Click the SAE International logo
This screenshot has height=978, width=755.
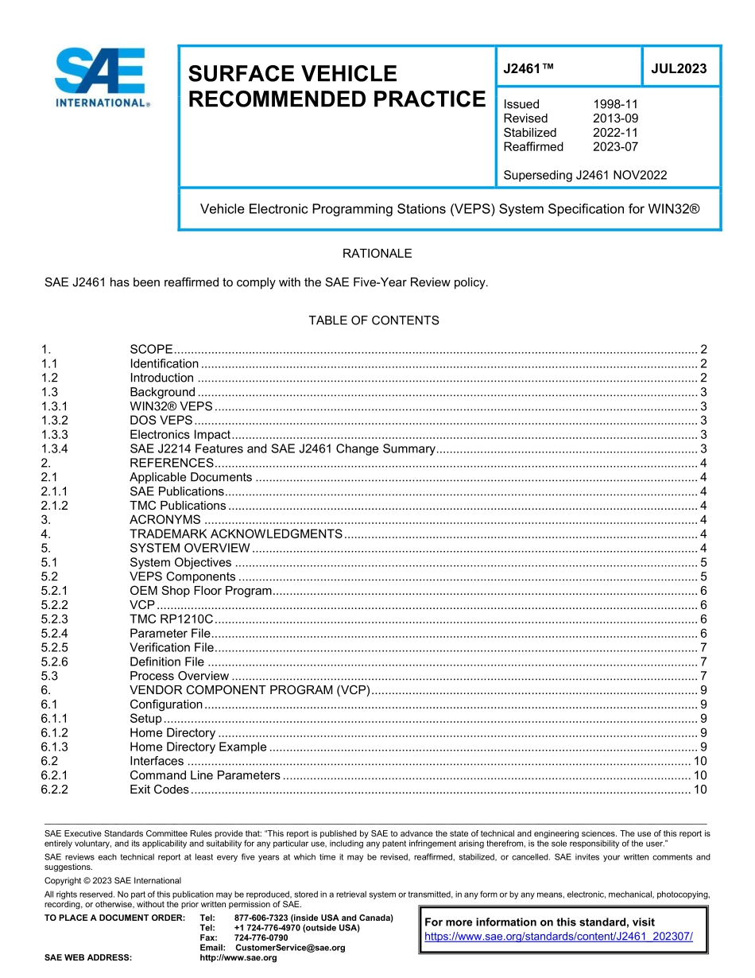101,77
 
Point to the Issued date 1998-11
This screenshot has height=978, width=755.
615,104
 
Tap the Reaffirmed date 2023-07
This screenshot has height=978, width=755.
615,147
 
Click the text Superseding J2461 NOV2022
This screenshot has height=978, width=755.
585,176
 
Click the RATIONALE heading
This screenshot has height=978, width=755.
377,254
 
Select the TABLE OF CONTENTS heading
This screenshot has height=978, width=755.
374,320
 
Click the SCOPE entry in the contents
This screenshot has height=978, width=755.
151,350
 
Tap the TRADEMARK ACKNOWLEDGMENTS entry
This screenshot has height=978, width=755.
235,534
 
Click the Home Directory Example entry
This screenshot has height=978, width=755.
198,747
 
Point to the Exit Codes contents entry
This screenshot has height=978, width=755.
159,790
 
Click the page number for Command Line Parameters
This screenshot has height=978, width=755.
700,775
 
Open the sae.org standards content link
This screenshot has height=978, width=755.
559,937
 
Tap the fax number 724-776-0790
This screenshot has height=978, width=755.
261,938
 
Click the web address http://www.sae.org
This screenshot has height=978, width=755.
238,958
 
